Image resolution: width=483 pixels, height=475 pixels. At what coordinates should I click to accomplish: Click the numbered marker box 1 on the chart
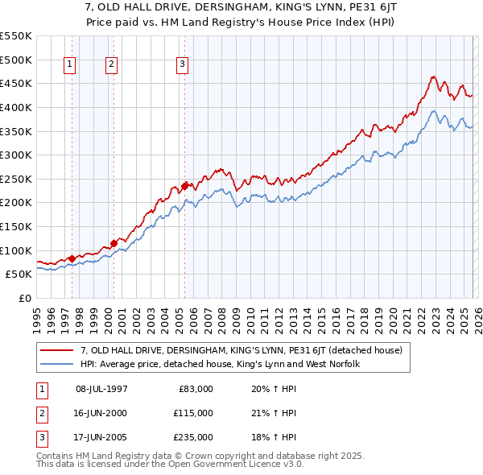click(71, 65)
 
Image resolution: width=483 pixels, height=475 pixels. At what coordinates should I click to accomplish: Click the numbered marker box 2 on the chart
click(111, 65)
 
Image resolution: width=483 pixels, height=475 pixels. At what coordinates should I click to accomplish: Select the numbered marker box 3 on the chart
click(183, 65)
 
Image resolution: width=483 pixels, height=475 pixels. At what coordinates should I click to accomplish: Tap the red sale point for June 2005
click(184, 186)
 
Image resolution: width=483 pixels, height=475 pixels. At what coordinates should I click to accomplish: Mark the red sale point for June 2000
click(114, 242)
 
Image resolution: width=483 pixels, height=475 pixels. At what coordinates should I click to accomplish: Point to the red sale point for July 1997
click(72, 258)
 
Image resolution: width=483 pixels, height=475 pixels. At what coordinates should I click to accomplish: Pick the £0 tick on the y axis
click(25, 298)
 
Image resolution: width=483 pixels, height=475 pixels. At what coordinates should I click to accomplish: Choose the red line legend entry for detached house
click(246, 350)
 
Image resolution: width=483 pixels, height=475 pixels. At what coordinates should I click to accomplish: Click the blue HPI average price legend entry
click(219, 364)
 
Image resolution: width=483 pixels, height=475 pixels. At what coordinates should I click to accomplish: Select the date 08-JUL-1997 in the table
click(101, 389)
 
